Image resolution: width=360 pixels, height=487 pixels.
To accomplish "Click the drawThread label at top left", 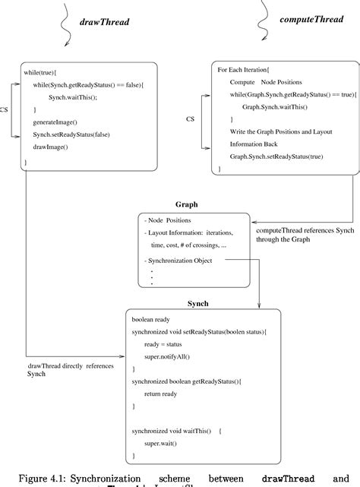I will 104,22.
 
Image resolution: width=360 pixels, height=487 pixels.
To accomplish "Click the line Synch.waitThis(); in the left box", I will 74,98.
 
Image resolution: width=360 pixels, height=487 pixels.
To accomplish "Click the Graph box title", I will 186,205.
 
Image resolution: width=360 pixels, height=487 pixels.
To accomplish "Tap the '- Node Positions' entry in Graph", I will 171,220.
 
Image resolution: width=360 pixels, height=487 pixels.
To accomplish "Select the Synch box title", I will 197,303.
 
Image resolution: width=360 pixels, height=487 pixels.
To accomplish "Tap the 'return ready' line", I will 163,394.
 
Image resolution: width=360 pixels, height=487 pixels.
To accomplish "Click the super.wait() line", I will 160,443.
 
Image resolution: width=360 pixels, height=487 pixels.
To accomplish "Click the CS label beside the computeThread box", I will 191,119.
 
